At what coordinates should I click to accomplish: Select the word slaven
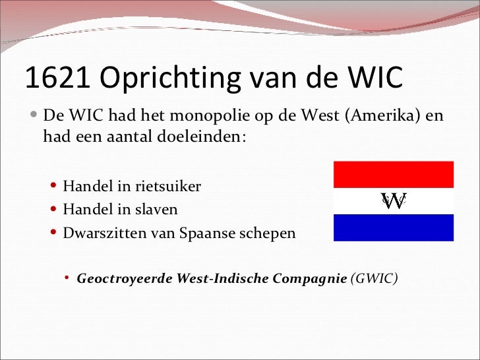[x=156, y=210]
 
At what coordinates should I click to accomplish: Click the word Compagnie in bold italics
[x=309, y=278]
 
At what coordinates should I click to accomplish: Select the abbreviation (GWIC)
[x=375, y=278]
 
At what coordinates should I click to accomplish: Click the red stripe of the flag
[x=394, y=174]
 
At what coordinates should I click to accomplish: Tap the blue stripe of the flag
[x=394, y=227]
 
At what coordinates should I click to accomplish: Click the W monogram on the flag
[x=394, y=200]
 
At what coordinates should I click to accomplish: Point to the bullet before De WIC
[x=34, y=117]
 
